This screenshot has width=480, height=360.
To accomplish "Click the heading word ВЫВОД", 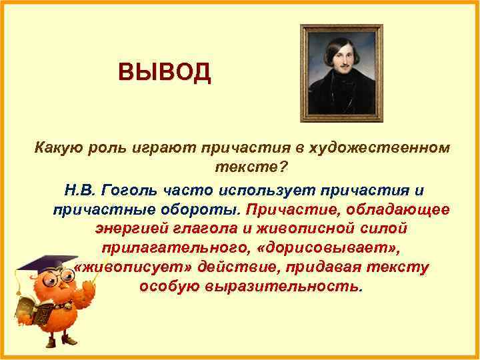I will point(164,71).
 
